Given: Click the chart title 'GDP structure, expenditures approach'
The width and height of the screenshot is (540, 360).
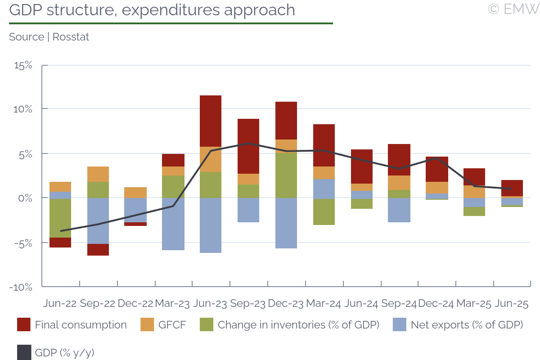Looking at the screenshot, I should coord(152,10).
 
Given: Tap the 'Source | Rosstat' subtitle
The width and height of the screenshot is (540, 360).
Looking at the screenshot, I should coord(49,37).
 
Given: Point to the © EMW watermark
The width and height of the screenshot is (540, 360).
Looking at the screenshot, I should coord(513,9).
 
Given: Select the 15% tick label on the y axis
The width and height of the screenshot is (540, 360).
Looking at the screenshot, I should coord(23,65).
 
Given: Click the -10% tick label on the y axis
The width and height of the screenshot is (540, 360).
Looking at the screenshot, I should coord(21,287).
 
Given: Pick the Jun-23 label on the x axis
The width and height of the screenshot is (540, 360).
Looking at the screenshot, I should coord(211,304).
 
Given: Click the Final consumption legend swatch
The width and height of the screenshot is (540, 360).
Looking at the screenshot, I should coord(24,325).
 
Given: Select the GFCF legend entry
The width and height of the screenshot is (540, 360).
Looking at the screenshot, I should coord(163,325).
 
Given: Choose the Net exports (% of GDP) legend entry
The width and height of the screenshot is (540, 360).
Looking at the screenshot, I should coord(458,325).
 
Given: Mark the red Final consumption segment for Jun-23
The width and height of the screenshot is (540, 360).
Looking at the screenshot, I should coord(211,121).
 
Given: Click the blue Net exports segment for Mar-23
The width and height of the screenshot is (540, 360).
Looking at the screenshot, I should coord(173,224).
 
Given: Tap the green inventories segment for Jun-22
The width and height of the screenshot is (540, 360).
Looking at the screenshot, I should coord(60,218).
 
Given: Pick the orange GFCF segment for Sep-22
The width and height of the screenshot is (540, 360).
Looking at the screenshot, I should coord(98,174).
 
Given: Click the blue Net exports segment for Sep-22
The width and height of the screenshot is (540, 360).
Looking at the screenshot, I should coord(98,220).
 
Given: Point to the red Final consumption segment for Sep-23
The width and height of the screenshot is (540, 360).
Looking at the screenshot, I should coord(248,146).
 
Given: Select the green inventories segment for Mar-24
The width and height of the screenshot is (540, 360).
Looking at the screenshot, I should coord(324,211).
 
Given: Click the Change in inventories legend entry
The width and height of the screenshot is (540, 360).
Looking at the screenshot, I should coord(290,325).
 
